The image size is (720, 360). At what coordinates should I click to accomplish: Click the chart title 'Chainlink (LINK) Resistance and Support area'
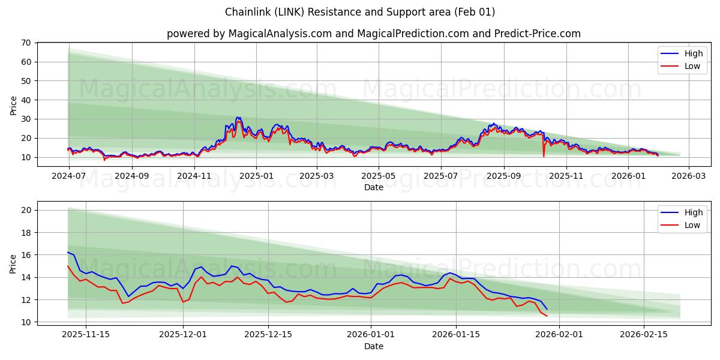[360, 12]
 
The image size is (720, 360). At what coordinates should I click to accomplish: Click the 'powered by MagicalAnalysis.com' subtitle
[373, 34]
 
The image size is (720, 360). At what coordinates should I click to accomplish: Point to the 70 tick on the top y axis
[26, 43]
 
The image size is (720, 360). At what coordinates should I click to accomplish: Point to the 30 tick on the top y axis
[26, 119]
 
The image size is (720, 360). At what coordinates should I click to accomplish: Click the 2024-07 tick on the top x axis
[68, 176]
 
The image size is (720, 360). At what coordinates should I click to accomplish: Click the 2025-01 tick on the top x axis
[256, 176]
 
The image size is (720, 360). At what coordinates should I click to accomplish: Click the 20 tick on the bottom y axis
[26, 210]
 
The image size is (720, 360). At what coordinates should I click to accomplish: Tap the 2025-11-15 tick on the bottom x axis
[86, 334]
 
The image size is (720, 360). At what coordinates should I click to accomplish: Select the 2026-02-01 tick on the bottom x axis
[559, 334]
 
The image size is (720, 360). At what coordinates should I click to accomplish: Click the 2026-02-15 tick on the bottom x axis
[644, 334]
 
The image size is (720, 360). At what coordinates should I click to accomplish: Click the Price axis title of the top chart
[13, 105]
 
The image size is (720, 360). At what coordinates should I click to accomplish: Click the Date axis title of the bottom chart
[373, 346]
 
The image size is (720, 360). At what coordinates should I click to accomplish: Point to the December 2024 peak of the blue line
[238, 117]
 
